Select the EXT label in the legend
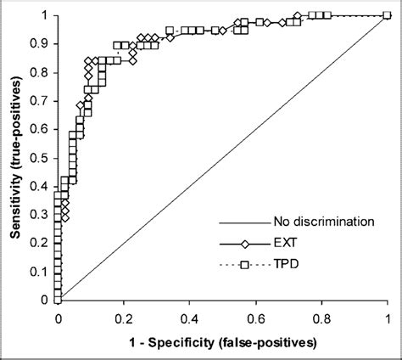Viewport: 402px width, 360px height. tap(285, 244)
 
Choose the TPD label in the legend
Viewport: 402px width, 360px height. tap(286, 265)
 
